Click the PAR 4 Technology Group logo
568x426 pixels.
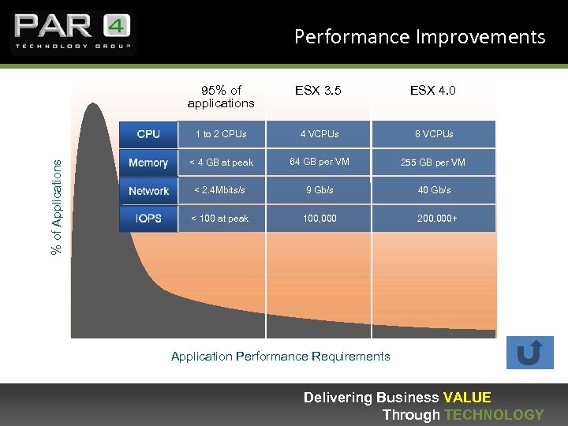click(x=73, y=32)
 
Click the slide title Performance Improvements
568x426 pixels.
click(x=419, y=37)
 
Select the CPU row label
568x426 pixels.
click(x=148, y=134)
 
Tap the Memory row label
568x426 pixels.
click(x=148, y=163)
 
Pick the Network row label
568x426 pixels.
click(x=148, y=191)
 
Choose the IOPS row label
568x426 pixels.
click(x=148, y=219)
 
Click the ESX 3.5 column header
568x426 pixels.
click(x=318, y=91)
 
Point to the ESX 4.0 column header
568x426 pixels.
click(x=432, y=91)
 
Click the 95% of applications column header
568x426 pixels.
click(x=221, y=96)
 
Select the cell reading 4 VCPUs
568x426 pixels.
click(x=318, y=134)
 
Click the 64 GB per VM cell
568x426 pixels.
click(x=318, y=162)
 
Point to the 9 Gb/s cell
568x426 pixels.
click(x=318, y=190)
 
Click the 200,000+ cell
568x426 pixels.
click(x=437, y=219)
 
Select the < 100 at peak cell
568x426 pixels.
click(x=220, y=219)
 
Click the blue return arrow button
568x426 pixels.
click(x=530, y=353)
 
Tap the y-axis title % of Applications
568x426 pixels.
click(x=57, y=206)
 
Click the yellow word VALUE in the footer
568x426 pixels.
click(x=467, y=398)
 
